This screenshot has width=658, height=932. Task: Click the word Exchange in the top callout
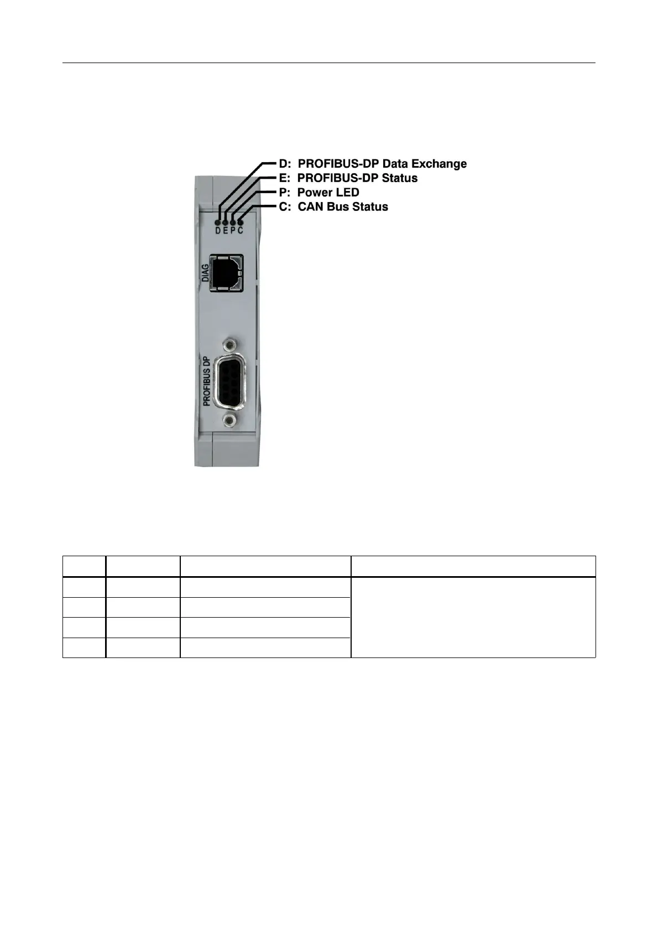click(x=441, y=164)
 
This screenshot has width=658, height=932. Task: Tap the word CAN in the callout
click(x=311, y=207)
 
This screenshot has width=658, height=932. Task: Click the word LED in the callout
click(x=344, y=193)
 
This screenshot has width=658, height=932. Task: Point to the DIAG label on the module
click(x=206, y=273)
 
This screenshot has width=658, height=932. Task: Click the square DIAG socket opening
click(x=227, y=272)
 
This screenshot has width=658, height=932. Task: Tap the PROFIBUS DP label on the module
click(x=207, y=381)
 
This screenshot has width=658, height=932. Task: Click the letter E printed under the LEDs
click(x=226, y=230)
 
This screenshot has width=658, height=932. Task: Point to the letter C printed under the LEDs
click(x=240, y=230)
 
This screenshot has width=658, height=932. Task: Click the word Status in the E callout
click(x=398, y=178)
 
